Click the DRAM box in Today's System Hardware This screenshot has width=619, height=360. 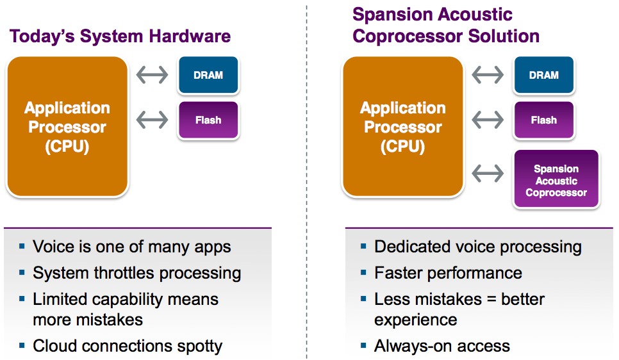pos(208,75)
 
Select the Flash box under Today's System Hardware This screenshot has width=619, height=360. pos(208,120)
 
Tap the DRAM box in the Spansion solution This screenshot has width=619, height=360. pos(544,75)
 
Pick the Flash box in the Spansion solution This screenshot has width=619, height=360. pos(544,120)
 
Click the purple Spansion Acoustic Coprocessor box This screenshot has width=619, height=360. pos(556,179)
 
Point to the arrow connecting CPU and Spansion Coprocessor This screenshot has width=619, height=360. pos(488,174)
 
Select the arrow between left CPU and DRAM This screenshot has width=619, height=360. pos(152,75)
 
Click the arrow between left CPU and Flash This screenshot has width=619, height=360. pos(152,120)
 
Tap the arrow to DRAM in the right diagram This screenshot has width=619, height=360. pos(488,75)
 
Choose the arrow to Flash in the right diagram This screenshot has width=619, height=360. pos(488,120)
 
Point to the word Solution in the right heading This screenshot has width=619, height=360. pos(504,37)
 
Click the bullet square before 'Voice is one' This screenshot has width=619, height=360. pos(22,247)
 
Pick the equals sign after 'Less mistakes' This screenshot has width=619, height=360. pos(491,299)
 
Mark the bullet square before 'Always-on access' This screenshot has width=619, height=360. pos(363,346)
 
